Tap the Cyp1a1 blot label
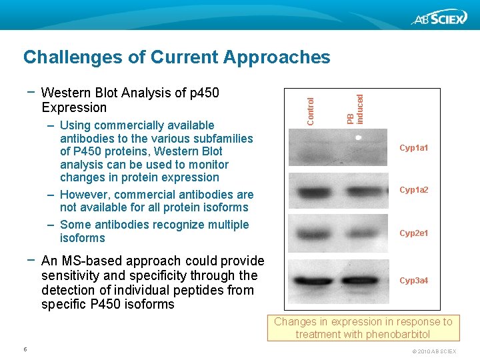tap(413, 147)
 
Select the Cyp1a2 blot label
tap(413, 190)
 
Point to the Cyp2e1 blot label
tap(413, 233)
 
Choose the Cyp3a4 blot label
tap(413, 280)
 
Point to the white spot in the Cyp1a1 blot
tap(358, 137)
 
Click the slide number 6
tap(25, 349)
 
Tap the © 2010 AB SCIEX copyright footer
tap(434, 351)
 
